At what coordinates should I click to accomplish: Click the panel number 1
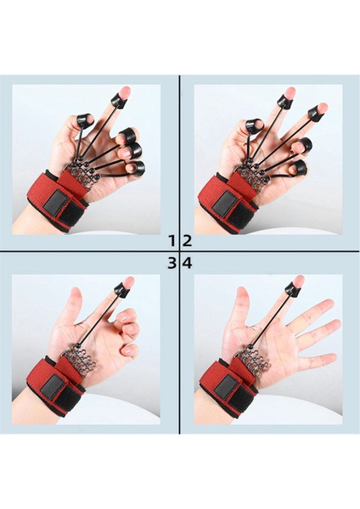(x=172, y=241)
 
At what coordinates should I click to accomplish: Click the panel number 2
(x=187, y=241)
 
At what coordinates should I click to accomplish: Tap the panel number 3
(x=172, y=263)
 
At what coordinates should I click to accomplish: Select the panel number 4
(x=188, y=263)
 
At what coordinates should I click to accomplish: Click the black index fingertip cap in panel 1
(x=118, y=100)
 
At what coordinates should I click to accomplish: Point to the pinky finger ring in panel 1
(x=138, y=168)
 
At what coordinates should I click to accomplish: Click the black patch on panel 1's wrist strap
(x=55, y=203)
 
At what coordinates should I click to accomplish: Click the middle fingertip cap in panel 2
(x=286, y=101)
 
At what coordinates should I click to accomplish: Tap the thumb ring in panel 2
(x=252, y=125)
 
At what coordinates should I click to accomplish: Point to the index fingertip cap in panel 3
(x=121, y=289)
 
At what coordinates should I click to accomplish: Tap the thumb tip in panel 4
(x=242, y=293)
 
